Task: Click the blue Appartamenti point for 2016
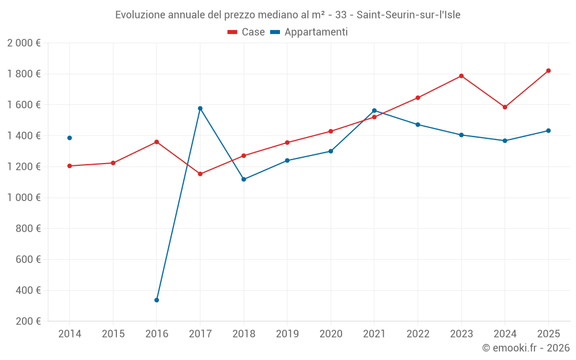point(157,300)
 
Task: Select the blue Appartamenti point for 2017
point(200,108)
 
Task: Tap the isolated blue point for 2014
point(70,138)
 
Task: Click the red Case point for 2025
point(548,71)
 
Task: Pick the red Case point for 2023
point(461,76)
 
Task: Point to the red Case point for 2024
point(505,107)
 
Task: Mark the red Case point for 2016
point(157,142)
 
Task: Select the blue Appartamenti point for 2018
point(244,179)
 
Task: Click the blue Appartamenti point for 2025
point(548,131)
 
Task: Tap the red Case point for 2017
point(200,174)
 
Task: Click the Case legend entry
point(247,32)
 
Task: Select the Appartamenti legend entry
point(309,32)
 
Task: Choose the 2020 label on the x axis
point(331,334)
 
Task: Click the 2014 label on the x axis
point(70,334)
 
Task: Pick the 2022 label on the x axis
point(418,334)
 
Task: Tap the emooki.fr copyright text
point(526,348)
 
